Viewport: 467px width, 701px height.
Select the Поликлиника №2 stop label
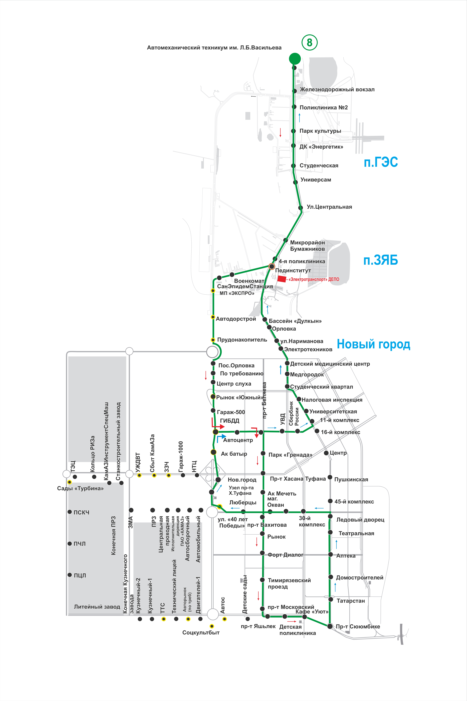point(323,108)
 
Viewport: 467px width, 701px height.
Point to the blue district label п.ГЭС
point(381,162)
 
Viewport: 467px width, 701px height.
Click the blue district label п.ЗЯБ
point(381,260)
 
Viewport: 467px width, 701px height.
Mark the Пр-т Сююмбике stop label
point(358,627)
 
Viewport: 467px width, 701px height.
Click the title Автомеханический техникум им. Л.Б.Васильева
point(214,48)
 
